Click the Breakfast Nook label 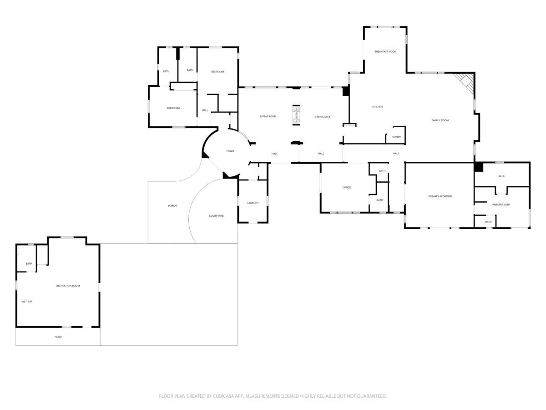point(385,51)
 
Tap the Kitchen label point(377,107)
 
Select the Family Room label point(440,120)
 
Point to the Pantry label point(396,137)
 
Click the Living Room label point(268,116)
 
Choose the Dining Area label point(323,117)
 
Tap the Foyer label point(230,151)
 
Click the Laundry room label point(253,203)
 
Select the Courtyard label point(216,216)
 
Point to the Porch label point(172,205)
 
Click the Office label point(347,187)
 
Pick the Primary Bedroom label point(440,196)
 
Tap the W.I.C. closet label point(502,176)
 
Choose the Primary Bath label point(501,205)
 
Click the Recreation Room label point(68,286)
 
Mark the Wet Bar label point(27,302)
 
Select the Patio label point(58,337)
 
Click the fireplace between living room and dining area point(296,115)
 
